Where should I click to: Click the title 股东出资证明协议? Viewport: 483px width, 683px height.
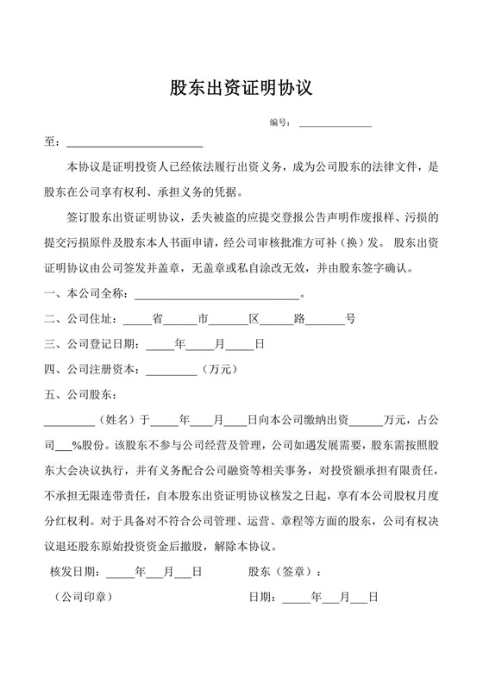[x=241, y=87]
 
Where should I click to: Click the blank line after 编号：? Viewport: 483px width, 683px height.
[x=335, y=126]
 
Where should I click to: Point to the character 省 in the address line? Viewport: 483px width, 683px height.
[x=158, y=319]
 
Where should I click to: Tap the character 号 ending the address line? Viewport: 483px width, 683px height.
[x=350, y=319]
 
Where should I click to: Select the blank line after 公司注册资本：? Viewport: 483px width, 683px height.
[x=172, y=372]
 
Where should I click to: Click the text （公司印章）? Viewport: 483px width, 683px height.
[x=82, y=596]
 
